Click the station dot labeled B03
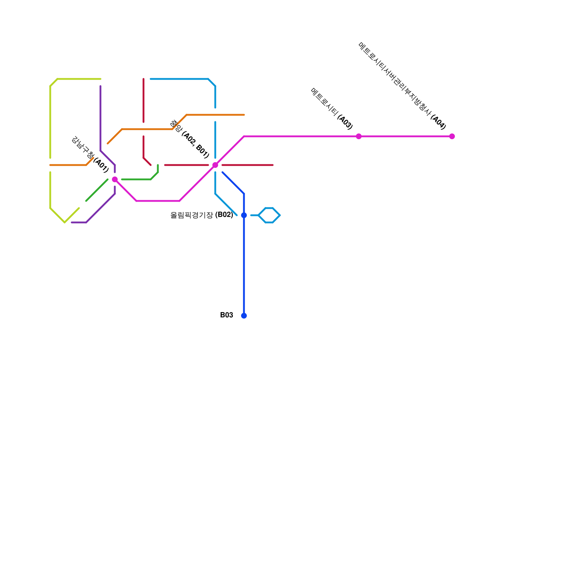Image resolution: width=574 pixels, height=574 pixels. point(244,316)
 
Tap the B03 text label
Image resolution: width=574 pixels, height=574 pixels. point(226,315)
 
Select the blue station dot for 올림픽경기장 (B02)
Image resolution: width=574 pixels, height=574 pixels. point(244,215)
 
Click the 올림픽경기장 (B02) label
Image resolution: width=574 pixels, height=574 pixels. point(202,215)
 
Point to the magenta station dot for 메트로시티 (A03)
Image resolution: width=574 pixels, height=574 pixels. point(359,136)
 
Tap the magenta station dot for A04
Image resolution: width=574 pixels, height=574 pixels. point(452,136)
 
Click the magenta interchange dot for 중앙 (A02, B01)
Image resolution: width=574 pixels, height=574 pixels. point(215,165)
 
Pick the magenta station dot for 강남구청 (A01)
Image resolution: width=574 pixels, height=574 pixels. point(115,179)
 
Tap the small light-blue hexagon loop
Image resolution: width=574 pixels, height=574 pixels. point(269,215)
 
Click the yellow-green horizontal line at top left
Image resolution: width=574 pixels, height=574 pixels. point(79,79)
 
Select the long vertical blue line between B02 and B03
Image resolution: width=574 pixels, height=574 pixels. point(244,265)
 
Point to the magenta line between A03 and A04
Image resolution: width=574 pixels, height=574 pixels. point(405,136)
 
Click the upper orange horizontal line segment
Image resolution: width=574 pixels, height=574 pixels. point(215,115)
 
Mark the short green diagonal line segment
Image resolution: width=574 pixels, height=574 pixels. point(97,190)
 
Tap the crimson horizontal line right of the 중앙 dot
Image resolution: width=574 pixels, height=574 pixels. point(248,165)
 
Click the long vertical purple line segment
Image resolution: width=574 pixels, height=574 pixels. point(100,118)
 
